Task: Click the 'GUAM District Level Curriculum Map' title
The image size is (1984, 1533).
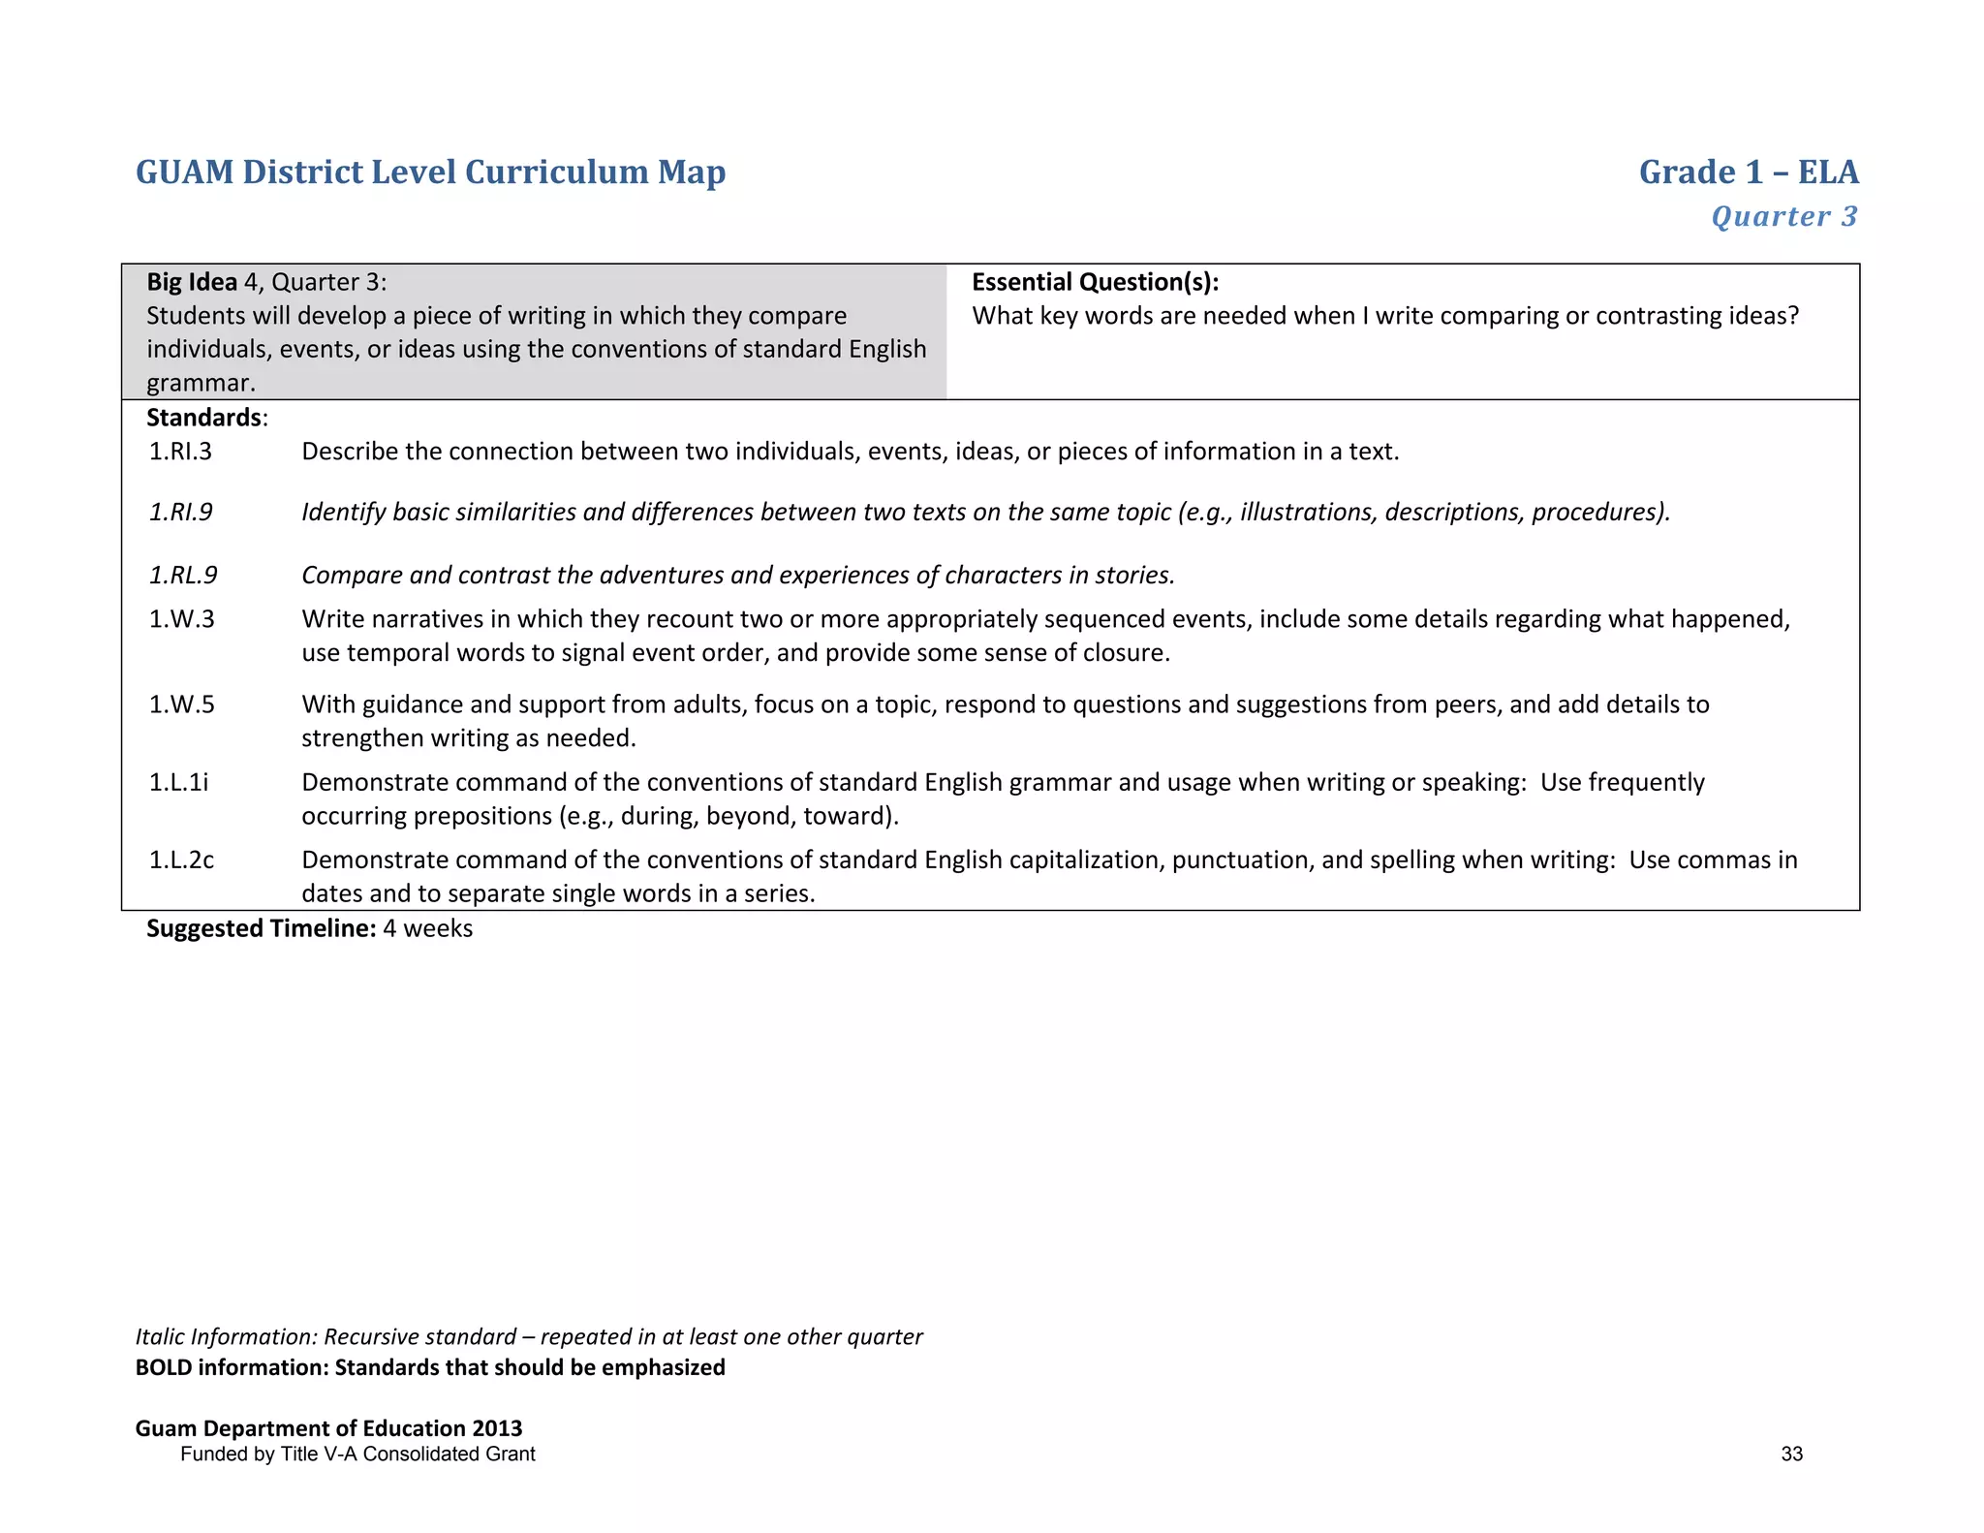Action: (x=430, y=172)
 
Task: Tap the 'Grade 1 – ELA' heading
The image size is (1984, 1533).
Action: (x=1748, y=172)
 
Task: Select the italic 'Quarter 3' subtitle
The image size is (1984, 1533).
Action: (x=1783, y=216)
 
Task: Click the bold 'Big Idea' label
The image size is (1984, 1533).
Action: (x=192, y=282)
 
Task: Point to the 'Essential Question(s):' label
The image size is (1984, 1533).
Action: (x=1095, y=282)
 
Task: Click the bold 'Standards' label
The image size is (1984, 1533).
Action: (x=204, y=418)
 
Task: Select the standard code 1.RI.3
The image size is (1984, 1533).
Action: (x=180, y=452)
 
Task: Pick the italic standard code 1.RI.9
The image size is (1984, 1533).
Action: (x=181, y=512)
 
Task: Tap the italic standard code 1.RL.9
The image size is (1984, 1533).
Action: (x=183, y=576)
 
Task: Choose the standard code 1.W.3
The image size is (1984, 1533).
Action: (x=181, y=619)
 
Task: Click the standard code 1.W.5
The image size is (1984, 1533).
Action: (x=181, y=704)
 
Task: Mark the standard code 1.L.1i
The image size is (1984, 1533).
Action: (x=178, y=782)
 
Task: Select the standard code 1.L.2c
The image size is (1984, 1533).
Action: (x=181, y=860)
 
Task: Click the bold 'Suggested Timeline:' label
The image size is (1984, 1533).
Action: (x=261, y=928)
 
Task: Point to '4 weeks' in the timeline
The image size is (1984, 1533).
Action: (x=427, y=928)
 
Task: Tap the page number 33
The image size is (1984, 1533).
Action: (x=1791, y=1454)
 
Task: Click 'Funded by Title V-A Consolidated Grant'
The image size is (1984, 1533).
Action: (x=357, y=1454)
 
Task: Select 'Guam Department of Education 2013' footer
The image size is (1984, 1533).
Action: (x=328, y=1428)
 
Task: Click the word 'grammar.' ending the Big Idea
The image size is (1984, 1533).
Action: (x=201, y=383)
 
